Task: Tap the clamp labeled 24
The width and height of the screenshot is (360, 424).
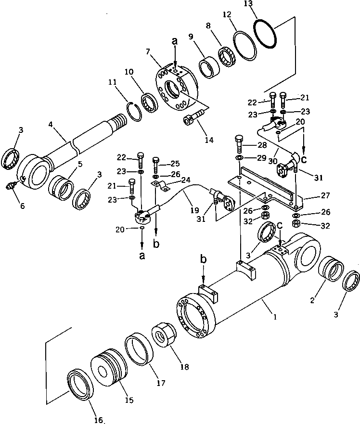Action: [x=162, y=186]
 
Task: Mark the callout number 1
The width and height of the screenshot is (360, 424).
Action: [x=274, y=317]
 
